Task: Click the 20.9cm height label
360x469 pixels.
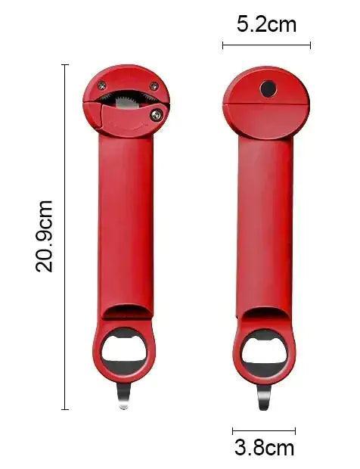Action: pos(45,236)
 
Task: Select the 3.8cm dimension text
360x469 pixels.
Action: pos(264,448)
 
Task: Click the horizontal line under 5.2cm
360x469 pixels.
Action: pos(266,45)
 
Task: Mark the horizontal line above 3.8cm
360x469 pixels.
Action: pos(264,430)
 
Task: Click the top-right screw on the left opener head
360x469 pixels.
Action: pos(154,86)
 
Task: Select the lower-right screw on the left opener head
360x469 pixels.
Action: pos(155,114)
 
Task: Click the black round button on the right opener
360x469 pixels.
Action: pos(268,89)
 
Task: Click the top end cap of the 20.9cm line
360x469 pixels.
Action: pos(65,65)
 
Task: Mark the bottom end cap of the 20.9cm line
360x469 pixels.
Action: pos(65,409)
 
